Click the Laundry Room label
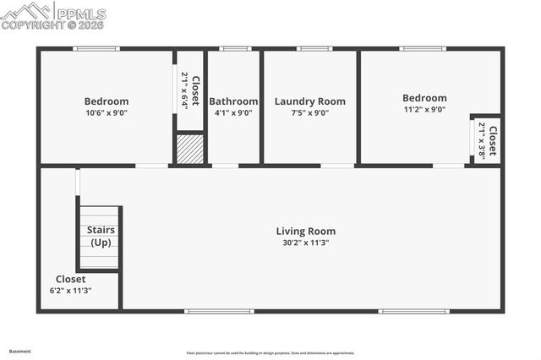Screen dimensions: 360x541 click(x=309, y=101)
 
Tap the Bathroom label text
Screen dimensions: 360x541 click(x=233, y=101)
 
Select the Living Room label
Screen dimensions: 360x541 click(x=306, y=231)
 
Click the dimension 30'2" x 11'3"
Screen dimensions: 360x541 click(x=306, y=243)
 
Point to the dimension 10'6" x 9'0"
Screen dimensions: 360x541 click(x=107, y=112)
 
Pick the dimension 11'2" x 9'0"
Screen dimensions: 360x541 click(x=424, y=109)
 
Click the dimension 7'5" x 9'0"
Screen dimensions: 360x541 click(x=309, y=112)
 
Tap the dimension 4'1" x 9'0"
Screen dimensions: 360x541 click(x=233, y=112)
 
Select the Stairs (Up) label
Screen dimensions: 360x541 click(x=101, y=236)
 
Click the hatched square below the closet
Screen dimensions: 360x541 click(x=190, y=150)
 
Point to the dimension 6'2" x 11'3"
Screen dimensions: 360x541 click(x=70, y=290)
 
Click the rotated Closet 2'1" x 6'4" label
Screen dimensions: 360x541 click(x=189, y=90)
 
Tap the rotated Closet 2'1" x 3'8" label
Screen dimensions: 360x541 click(x=487, y=140)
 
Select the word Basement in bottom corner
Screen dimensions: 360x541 click(x=20, y=351)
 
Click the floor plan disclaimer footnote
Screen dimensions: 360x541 click(x=270, y=353)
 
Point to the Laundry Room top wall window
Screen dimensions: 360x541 click(x=314, y=48)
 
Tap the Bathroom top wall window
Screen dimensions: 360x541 click(x=234, y=48)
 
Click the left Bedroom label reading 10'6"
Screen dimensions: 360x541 click(x=107, y=101)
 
